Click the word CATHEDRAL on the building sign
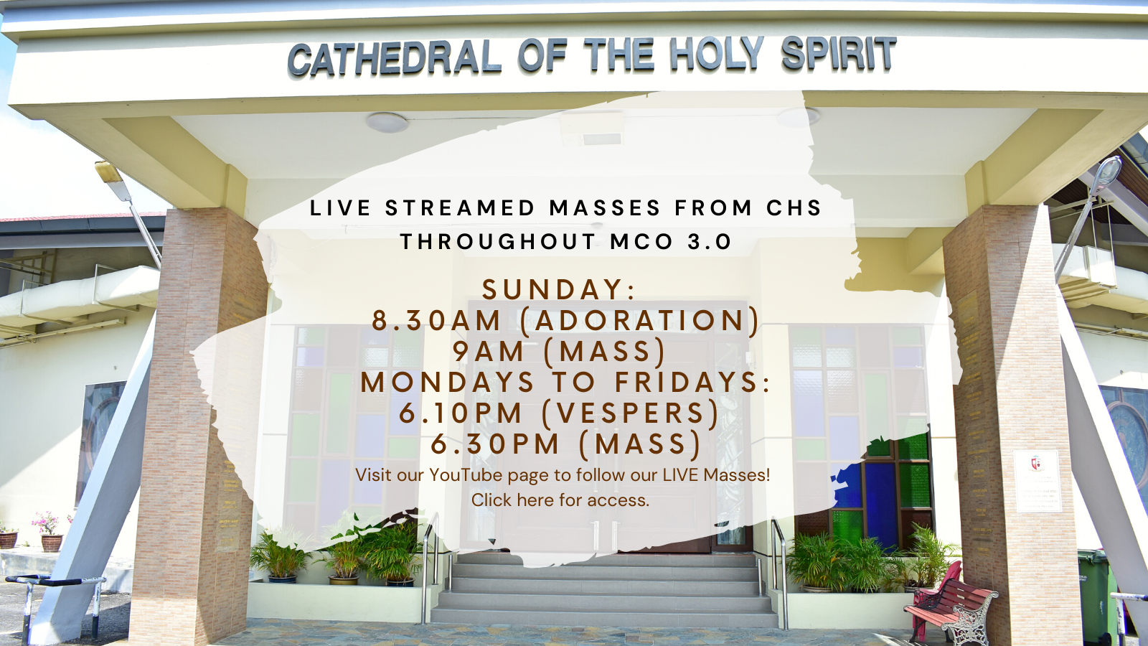[x=395, y=58]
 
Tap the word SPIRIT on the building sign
[x=839, y=53]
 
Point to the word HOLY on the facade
[x=716, y=55]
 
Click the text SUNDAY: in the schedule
[x=559, y=290]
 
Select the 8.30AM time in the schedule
[x=436, y=320]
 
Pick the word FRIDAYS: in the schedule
[x=692, y=383]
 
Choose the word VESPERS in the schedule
[x=631, y=413]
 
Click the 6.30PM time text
[x=494, y=444]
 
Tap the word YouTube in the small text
[x=466, y=475]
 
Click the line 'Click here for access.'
[x=560, y=500]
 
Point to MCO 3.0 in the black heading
[x=670, y=241]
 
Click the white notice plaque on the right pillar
[x=1038, y=481]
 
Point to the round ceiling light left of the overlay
[x=387, y=123]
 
